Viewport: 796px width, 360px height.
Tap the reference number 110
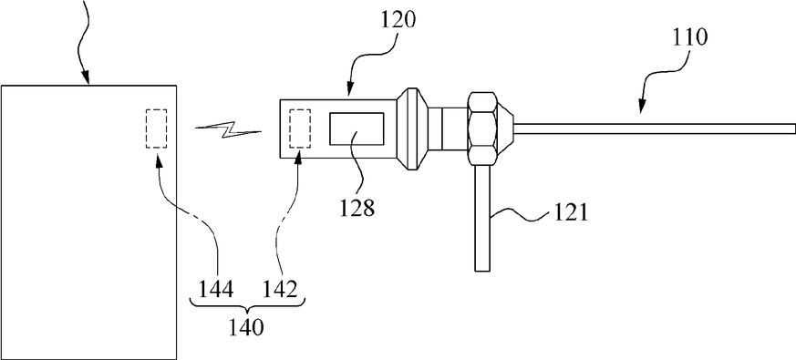689,37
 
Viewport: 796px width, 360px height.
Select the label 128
357,207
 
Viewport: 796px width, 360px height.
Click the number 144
216,290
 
